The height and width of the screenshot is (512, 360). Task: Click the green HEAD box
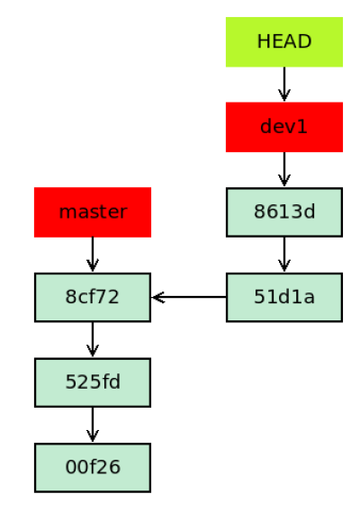pyautogui.click(x=284, y=42)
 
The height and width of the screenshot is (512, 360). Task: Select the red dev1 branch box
pyautogui.click(x=284, y=127)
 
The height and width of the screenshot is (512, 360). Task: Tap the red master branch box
pyautogui.click(x=93, y=212)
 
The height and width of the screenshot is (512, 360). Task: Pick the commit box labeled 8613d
pyautogui.click(x=284, y=212)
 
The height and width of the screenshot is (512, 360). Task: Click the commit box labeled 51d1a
pyautogui.click(x=284, y=298)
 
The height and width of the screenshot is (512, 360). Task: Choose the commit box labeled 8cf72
pyautogui.click(x=93, y=298)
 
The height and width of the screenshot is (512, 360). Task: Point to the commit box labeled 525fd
pyautogui.click(x=93, y=382)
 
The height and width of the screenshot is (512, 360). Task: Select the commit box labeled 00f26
pyautogui.click(x=93, y=468)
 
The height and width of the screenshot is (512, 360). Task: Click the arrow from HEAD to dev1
pyautogui.click(x=284, y=85)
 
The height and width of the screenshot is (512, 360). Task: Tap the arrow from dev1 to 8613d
pyautogui.click(x=284, y=170)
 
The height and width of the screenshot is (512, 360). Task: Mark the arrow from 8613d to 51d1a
pyautogui.click(x=284, y=255)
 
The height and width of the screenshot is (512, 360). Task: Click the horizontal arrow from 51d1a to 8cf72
pyautogui.click(x=189, y=298)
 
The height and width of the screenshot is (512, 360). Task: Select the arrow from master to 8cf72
pyautogui.click(x=93, y=255)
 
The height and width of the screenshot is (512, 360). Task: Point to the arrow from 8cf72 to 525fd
pyautogui.click(x=93, y=340)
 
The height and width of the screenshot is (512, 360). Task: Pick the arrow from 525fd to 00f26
pyautogui.click(x=93, y=426)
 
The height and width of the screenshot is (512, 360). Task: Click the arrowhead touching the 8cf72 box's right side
pyautogui.click(x=157, y=298)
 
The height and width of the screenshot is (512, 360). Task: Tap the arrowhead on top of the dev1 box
pyautogui.click(x=284, y=95)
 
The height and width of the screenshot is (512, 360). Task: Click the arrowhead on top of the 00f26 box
pyautogui.click(x=93, y=436)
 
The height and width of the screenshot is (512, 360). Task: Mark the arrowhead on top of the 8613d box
pyautogui.click(x=284, y=180)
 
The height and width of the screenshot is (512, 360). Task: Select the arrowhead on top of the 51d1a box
pyautogui.click(x=284, y=265)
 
